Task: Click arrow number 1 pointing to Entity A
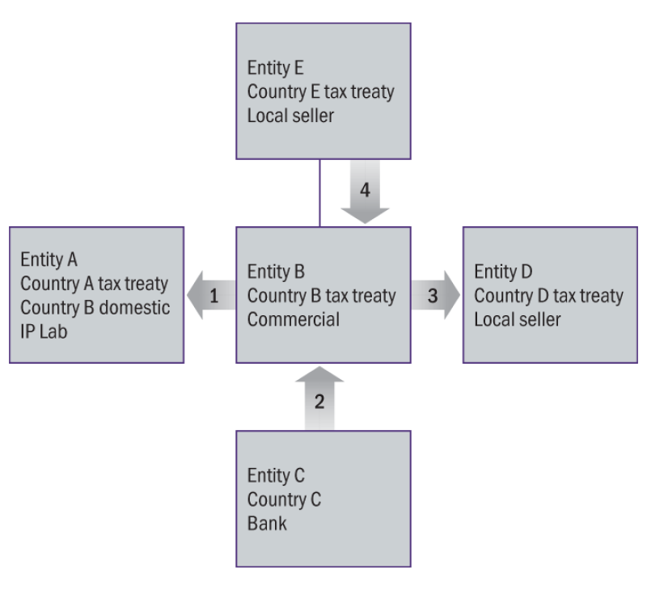point(212,296)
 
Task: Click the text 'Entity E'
point(275,67)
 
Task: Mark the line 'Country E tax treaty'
point(321,91)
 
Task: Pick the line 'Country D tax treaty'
point(548,296)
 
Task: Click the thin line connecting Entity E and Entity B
point(321,193)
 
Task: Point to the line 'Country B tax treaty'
point(321,296)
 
